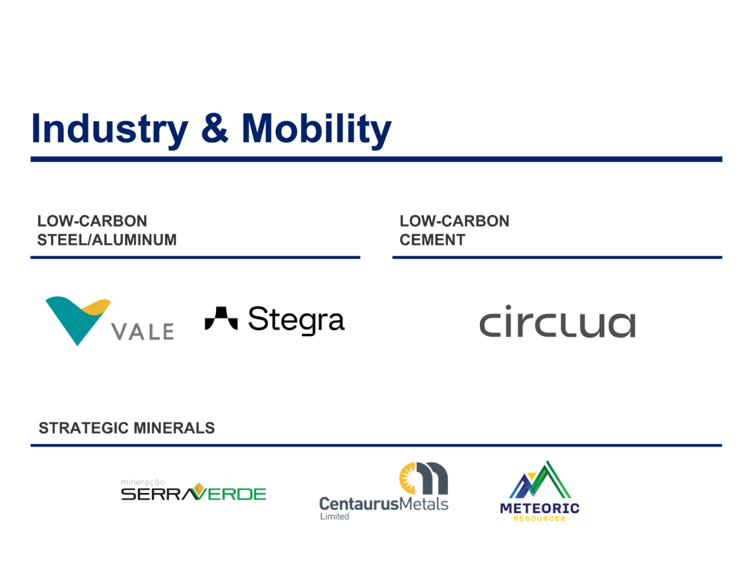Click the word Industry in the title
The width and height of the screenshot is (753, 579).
(109, 128)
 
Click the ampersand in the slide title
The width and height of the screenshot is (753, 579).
(215, 129)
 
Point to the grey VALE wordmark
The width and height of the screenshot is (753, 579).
(143, 331)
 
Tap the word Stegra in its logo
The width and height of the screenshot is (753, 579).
(295, 320)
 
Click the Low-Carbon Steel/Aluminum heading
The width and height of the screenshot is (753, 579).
(107, 230)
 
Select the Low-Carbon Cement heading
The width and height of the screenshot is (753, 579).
(454, 230)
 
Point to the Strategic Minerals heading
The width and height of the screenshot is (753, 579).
(126, 428)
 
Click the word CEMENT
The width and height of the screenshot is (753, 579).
(432, 240)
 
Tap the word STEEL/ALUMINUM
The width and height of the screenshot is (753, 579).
(107, 240)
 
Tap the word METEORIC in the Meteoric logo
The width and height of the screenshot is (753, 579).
(539, 508)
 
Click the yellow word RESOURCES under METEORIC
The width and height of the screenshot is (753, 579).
(539, 518)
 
